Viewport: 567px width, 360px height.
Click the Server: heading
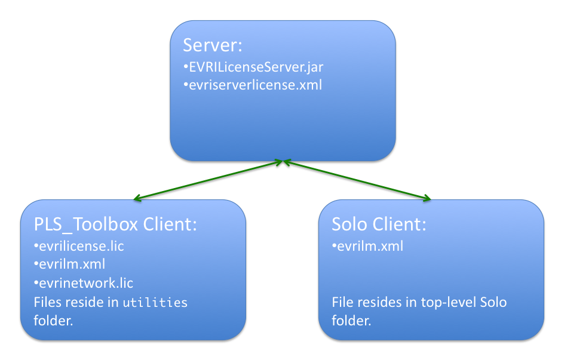[x=212, y=45]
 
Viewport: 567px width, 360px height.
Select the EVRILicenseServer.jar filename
[x=256, y=67]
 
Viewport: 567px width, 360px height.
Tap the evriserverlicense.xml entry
[x=255, y=85]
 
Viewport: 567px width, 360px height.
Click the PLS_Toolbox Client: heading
[x=115, y=224]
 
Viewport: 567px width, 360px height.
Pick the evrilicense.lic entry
[x=81, y=246]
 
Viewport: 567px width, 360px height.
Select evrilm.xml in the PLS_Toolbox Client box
[x=72, y=264]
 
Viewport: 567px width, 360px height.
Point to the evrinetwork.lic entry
[x=86, y=283]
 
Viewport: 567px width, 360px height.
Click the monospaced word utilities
[x=155, y=302]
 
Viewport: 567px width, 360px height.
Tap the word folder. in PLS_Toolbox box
[x=53, y=320]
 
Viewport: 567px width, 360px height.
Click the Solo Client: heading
[x=379, y=224]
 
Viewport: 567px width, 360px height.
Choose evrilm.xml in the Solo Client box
[x=370, y=246]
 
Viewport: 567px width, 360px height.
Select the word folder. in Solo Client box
[x=351, y=320]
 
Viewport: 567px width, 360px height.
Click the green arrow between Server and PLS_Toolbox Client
[x=208, y=180]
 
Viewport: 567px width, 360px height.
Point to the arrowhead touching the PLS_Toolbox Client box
[x=137, y=198]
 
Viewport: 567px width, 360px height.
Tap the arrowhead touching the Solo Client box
[x=427, y=198]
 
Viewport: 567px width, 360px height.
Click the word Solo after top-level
[x=494, y=302]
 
